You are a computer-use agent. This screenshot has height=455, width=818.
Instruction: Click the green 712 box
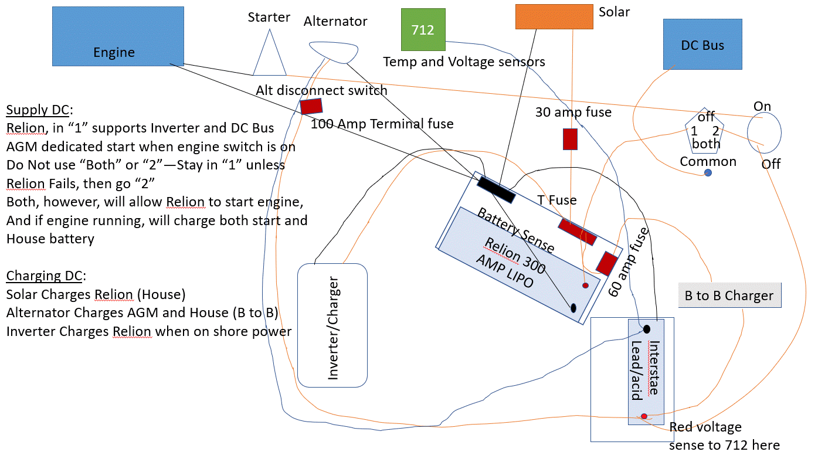coord(423,29)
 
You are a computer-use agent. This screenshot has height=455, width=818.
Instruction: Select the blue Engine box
coord(118,36)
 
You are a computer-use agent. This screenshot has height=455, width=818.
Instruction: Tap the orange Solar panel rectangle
coord(554,16)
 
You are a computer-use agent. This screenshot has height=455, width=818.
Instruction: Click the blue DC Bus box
coord(702,44)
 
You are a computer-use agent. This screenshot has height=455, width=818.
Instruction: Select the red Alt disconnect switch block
coord(311,106)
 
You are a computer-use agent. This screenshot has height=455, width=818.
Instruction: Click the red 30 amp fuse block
coord(570,139)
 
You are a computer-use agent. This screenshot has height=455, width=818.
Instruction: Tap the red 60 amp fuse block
coord(607,263)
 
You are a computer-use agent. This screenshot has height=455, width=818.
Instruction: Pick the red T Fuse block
coord(578,232)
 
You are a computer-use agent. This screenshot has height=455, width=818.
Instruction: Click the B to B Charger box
coord(729,295)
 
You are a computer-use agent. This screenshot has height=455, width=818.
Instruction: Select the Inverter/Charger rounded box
coord(332,325)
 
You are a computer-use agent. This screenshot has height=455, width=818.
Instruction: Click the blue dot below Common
coord(708,173)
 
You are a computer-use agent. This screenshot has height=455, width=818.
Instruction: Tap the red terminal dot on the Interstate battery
coord(644,416)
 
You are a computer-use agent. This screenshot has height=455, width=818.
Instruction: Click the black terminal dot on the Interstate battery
coord(647,329)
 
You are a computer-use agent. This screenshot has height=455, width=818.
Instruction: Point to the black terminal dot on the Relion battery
coord(573,308)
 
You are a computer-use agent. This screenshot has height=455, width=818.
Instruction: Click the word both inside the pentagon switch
coord(706,144)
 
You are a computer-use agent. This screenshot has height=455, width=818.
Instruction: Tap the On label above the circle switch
coord(762,106)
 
